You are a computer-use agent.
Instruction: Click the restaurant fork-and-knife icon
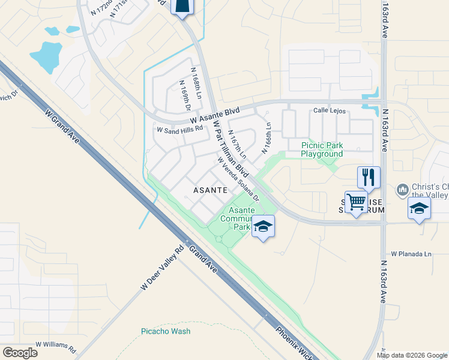coord(369,177)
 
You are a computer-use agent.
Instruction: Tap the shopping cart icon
coord(357,202)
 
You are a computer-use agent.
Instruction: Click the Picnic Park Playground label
coord(322,149)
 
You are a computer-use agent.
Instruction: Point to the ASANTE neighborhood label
coord(209,190)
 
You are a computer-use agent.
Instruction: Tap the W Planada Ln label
coord(411,254)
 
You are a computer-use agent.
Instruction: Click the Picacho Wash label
coord(166,331)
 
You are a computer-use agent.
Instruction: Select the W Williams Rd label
coord(56,346)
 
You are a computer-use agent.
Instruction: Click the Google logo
coord(20,353)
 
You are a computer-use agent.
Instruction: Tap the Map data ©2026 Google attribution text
coord(412,355)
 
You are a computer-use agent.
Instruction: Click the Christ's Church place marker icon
coord(403,191)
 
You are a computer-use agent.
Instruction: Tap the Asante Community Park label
coord(238,218)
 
